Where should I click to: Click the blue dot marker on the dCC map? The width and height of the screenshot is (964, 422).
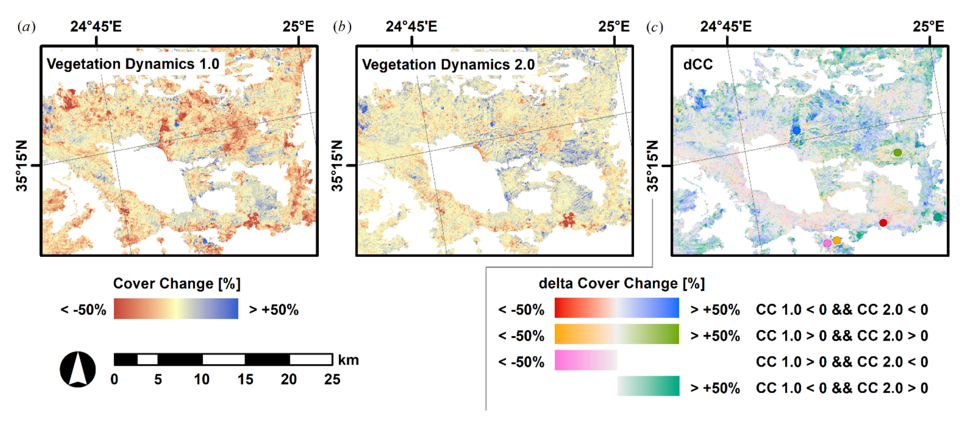pos(796,130)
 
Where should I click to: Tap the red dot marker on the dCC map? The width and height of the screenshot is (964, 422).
pos(883,223)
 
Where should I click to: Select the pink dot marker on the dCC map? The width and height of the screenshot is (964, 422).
pos(827,243)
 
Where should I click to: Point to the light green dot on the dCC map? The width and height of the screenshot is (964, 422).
pos(897,152)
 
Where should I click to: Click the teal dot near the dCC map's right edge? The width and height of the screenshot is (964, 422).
pos(937,217)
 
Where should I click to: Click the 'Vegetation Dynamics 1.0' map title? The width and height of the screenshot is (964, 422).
pos(133,64)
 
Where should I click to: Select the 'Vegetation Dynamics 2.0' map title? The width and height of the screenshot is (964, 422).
pos(448,64)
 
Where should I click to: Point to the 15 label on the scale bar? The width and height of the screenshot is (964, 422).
pos(245,379)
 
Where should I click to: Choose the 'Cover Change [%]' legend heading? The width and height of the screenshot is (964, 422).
pos(177,283)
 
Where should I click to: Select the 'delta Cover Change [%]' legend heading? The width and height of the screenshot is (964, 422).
pos(622,283)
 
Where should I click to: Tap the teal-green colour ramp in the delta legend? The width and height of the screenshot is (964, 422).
pos(648,386)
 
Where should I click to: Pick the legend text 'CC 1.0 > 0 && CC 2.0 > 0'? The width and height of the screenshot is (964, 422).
pos(842,335)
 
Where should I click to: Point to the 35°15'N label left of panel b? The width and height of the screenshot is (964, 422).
pos(337,166)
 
